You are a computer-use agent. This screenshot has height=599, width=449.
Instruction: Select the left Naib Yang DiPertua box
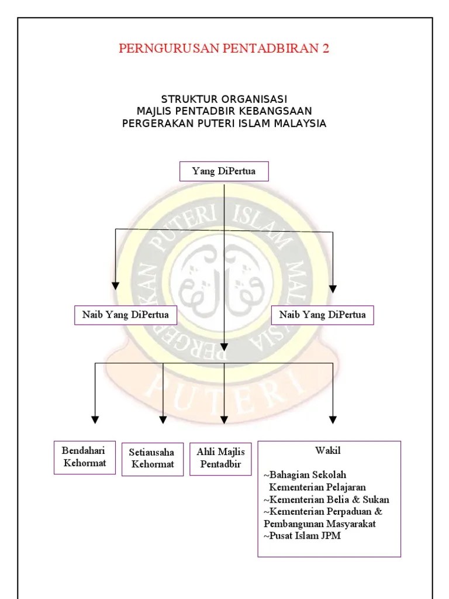(x=126, y=315)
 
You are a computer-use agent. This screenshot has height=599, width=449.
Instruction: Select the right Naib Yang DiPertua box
(x=323, y=315)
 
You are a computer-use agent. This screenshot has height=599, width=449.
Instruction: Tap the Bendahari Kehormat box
(x=84, y=457)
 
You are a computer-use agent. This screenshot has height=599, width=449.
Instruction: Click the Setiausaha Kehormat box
(x=152, y=459)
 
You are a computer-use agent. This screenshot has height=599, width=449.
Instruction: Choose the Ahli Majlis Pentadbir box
(x=221, y=458)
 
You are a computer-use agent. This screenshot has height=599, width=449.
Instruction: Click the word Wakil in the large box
(x=328, y=451)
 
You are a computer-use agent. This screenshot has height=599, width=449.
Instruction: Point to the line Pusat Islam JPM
(x=302, y=536)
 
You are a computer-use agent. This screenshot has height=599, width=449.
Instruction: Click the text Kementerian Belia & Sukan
(x=326, y=500)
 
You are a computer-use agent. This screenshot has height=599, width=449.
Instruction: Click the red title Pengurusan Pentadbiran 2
(x=224, y=49)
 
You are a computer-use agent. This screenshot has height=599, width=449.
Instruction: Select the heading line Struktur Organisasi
(x=224, y=99)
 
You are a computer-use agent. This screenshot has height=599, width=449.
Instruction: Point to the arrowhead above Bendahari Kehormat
(x=95, y=419)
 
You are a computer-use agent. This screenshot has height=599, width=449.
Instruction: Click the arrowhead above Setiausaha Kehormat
(x=163, y=419)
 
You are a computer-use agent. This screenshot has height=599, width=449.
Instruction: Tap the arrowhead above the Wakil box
(x=333, y=419)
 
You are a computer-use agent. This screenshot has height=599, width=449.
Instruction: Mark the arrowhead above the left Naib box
(x=116, y=286)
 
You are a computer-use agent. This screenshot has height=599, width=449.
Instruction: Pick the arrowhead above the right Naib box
(x=333, y=288)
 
